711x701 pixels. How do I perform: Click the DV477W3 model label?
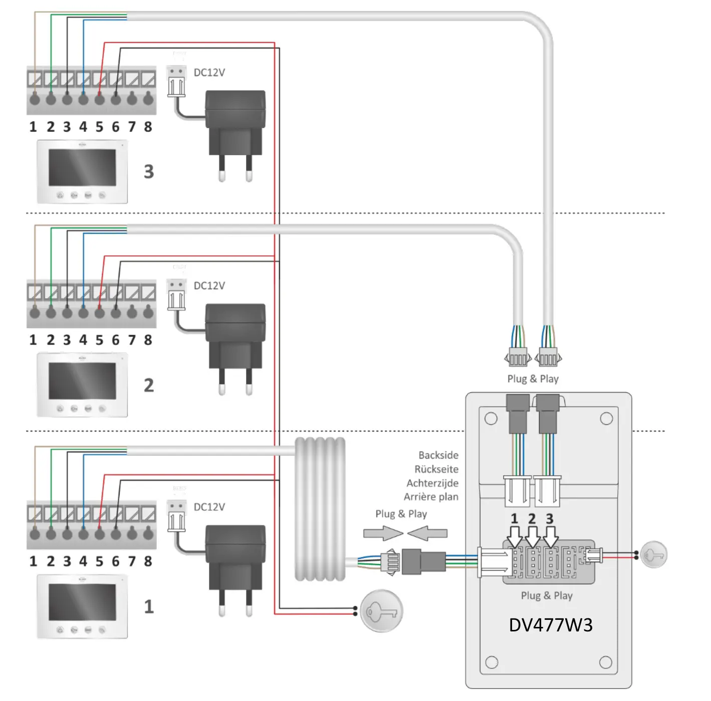[550, 625]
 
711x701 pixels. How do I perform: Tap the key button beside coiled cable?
[381, 611]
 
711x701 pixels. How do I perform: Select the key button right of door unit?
[653, 555]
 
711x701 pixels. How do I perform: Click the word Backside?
[438, 455]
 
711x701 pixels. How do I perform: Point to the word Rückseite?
[436, 469]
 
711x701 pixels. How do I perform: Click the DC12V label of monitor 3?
[209, 73]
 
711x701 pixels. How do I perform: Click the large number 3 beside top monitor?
[149, 172]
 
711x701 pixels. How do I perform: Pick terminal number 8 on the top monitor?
[148, 127]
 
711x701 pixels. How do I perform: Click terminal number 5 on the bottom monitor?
[99, 561]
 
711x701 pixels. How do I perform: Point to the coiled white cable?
[320, 508]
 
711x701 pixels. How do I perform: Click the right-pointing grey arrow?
[383, 534]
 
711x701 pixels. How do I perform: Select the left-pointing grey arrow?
[427, 534]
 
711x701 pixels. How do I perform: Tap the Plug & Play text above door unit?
[533, 379]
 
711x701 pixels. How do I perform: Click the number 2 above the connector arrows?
[532, 519]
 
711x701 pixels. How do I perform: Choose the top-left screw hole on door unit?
[491, 419]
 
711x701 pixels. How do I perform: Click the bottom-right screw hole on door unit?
[606, 662]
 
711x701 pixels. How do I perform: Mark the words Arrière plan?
[431, 497]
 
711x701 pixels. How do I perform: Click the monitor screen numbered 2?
[82, 380]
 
